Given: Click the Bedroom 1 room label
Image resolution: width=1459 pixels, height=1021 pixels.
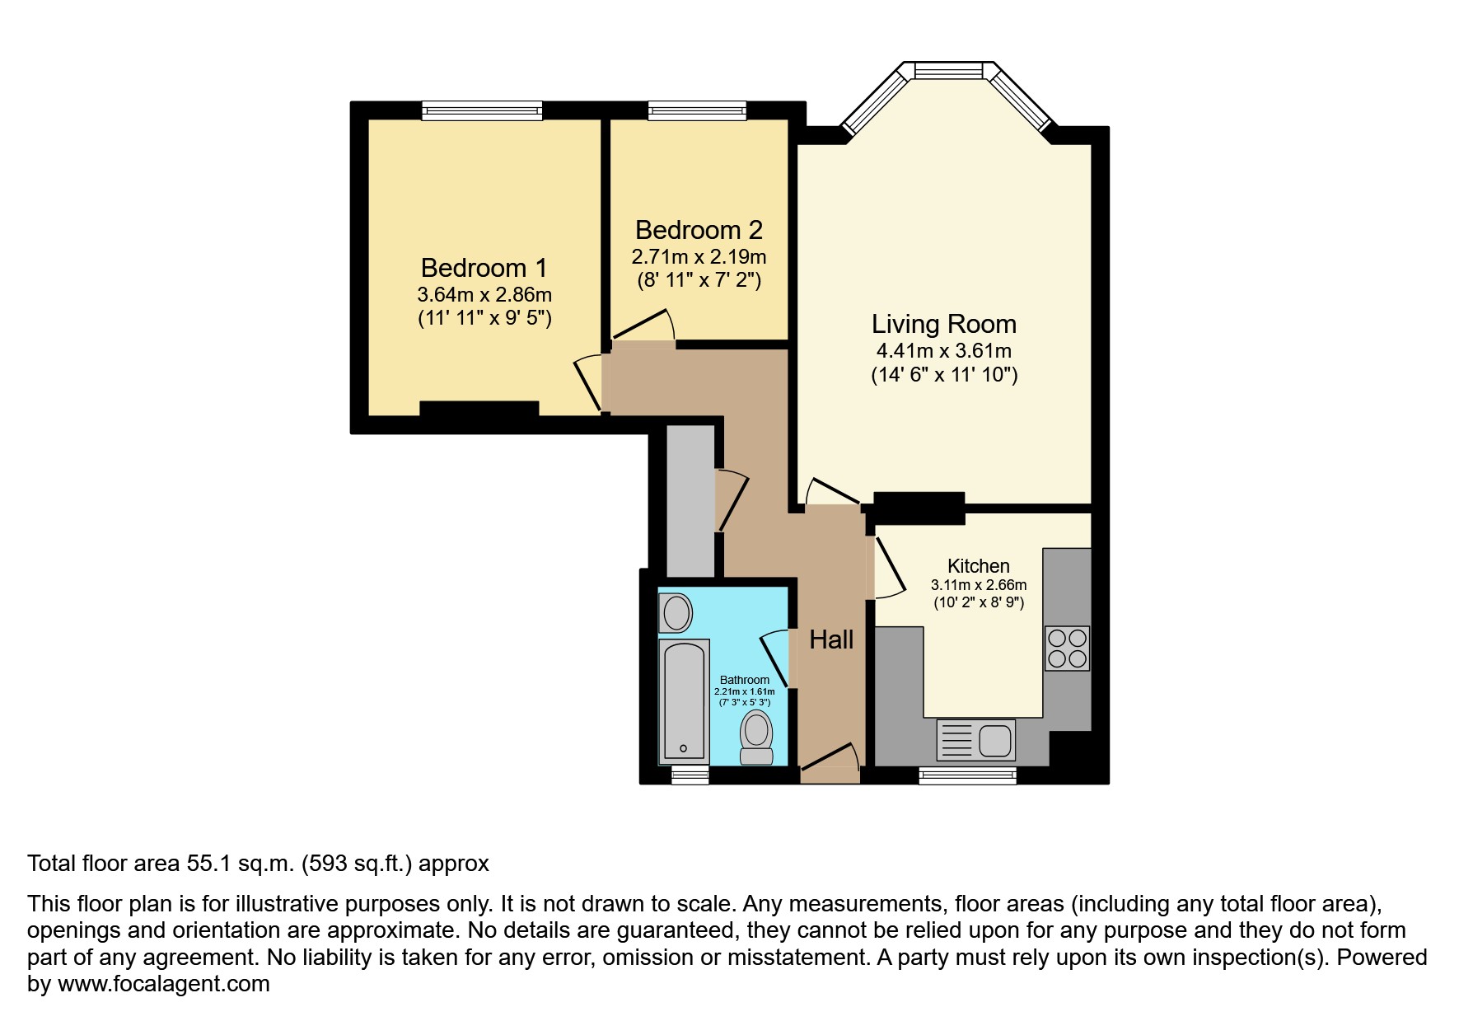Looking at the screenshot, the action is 484,268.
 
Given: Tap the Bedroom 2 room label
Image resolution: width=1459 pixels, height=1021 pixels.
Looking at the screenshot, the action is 699,230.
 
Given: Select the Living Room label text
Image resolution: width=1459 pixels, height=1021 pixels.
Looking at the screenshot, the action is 944,324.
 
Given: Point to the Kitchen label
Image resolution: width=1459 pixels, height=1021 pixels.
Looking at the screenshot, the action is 979,566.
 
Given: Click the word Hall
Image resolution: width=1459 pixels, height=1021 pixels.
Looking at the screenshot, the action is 831,639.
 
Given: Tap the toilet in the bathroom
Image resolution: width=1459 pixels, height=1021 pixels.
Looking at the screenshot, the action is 756,738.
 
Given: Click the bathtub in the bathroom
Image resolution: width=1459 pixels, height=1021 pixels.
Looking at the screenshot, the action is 684,700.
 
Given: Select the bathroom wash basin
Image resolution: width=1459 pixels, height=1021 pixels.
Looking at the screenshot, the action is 676,614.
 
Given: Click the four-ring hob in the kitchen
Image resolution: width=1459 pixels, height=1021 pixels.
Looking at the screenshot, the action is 1068,648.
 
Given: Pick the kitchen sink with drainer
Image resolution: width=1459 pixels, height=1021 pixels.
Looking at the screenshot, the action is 976,739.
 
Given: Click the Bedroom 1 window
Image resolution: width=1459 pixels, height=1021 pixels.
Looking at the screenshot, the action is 482,110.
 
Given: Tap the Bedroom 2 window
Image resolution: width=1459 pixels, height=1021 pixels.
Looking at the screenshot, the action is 697,110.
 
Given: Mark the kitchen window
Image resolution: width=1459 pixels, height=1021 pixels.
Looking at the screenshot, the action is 968,775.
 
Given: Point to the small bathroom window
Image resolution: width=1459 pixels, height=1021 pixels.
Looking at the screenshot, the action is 690,775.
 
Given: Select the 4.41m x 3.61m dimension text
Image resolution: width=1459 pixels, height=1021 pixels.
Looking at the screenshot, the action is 944,350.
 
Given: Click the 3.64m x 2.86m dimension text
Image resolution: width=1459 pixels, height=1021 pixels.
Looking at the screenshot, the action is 484,294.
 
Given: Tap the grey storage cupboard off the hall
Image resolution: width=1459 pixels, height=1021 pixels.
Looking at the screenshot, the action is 690,501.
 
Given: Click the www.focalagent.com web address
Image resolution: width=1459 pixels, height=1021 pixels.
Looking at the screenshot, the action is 164,984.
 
